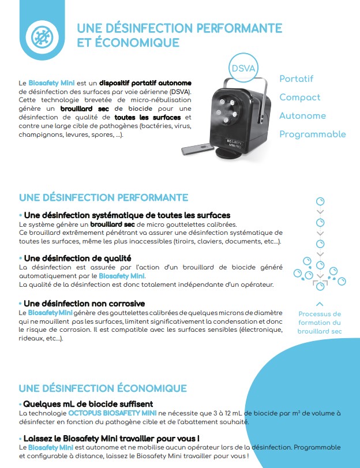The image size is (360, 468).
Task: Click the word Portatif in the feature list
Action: click(296, 78)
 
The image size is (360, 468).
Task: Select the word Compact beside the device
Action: click(299, 97)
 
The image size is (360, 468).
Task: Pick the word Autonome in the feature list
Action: click(302, 115)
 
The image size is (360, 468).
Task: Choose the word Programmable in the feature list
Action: click(312, 134)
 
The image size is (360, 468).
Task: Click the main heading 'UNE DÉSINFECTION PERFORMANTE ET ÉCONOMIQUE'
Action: click(179, 36)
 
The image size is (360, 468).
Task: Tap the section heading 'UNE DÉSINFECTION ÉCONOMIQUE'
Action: click(103, 388)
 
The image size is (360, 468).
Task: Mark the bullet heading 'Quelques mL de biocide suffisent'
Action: click(87, 403)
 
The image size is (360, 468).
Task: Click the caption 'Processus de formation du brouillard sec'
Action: click(320, 323)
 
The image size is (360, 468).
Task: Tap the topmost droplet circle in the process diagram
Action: click(320, 201)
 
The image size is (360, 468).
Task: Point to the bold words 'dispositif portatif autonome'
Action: click(145, 83)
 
